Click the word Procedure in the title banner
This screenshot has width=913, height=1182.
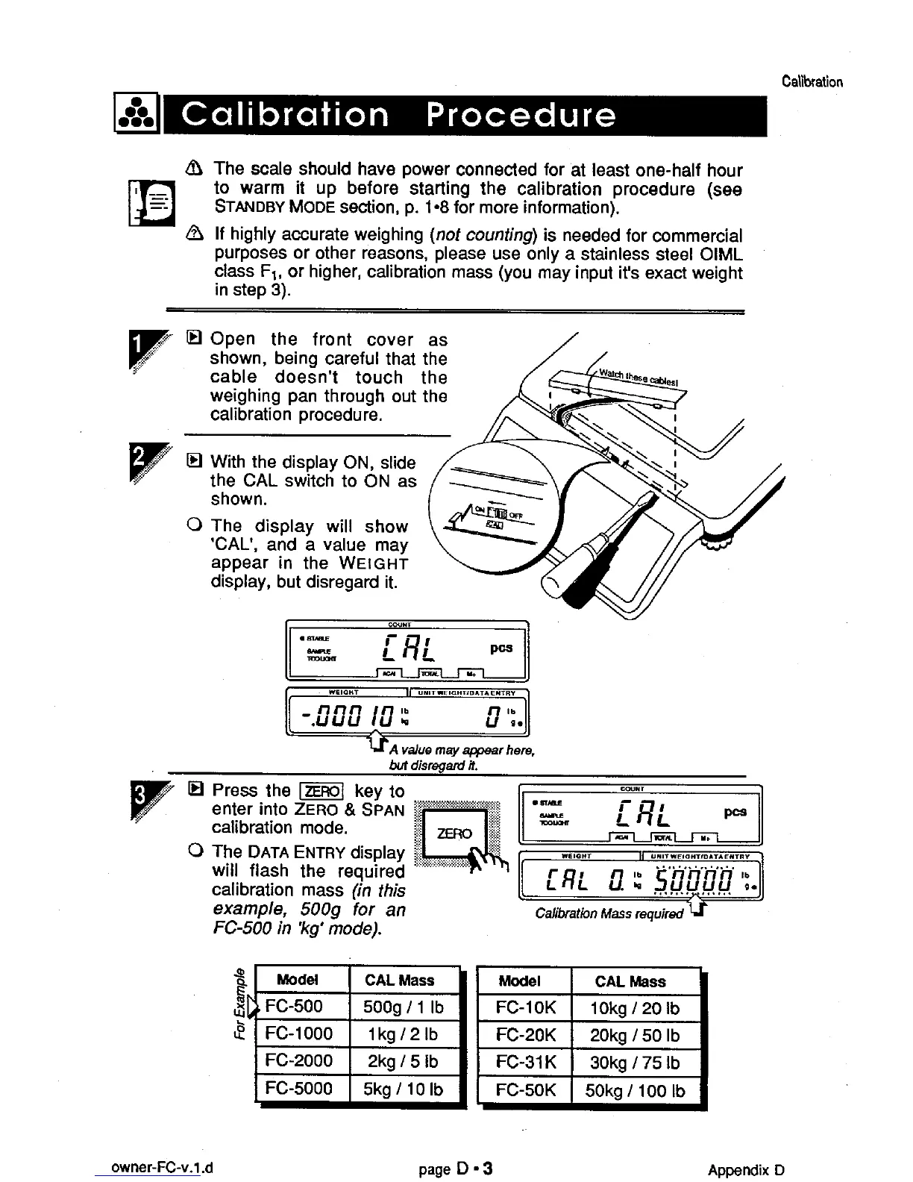pyautogui.click(x=521, y=116)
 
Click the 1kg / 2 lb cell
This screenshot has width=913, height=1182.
pyautogui.click(x=403, y=1034)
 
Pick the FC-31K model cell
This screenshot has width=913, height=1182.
pyautogui.click(x=525, y=1063)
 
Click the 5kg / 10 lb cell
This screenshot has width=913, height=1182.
pyautogui.click(x=403, y=1089)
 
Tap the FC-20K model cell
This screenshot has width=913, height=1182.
pyautogui.click(x=525, y=1035)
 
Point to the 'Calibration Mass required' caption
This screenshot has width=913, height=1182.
pyautogui.click(x=609, y=913)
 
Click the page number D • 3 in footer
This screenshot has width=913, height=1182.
pyautogui.click(x=456, y=1169)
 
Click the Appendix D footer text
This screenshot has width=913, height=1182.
pyautogui.click(x=746, y=1169)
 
